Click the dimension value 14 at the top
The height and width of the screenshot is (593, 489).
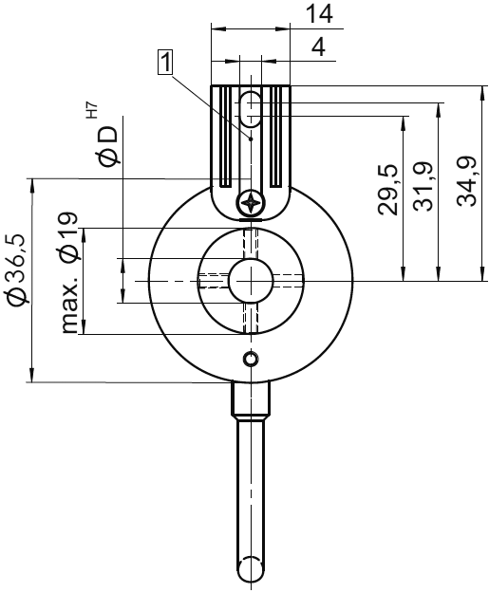(x=319, y=14)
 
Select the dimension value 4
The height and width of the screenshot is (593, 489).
(x=320, y=46)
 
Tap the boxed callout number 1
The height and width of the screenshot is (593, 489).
(x=166, y=63)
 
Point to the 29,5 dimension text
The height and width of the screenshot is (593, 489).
(x=388, y=189)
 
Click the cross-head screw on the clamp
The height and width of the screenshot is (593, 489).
(x=251, y=202)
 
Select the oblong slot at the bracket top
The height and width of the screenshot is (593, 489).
(x=250, y=108)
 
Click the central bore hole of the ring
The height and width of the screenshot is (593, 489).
(x=250, y=280)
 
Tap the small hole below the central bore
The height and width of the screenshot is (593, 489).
(x=250, y=360)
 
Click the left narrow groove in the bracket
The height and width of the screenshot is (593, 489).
(x=225, y=138)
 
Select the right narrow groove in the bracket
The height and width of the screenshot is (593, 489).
(x=275, y=138)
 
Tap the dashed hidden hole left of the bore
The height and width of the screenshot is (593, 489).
(x=213, y=280)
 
